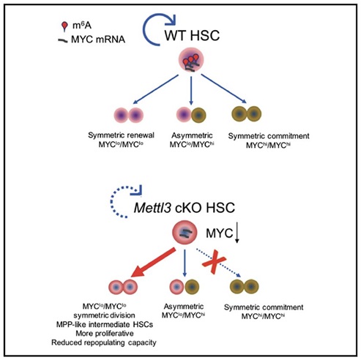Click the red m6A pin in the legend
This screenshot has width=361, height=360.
64,26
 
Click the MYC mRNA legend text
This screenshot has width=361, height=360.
98,40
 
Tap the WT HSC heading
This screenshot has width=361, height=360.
192,35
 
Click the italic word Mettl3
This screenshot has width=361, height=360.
152,208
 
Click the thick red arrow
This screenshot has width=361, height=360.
153,263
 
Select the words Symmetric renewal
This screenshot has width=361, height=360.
121,135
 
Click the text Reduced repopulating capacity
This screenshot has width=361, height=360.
104,342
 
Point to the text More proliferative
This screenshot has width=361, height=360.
105,334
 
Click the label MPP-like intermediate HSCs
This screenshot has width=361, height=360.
105,324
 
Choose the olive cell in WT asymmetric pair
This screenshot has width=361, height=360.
198,115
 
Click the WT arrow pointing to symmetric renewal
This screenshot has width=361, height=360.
156,89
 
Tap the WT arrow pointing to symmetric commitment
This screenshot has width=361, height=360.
224,89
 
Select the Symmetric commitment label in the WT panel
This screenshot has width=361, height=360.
269,136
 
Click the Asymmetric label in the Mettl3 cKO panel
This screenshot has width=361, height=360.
184,307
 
